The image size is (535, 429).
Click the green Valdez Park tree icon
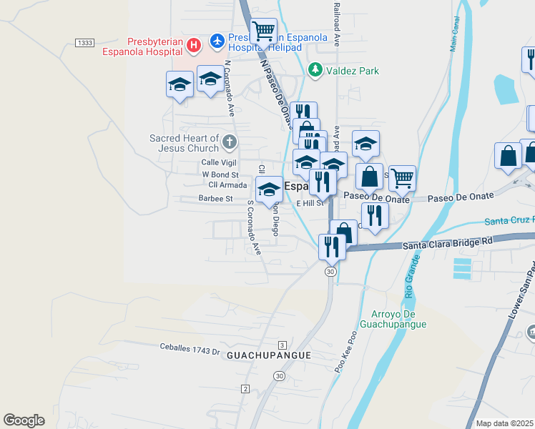point(314,70)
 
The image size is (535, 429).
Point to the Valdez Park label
point(353,71)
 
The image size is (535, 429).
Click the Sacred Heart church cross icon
point(229,141)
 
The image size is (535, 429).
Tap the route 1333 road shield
point(84,43)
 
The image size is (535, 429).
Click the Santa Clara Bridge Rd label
point(448,244)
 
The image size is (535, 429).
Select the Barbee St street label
point(216,198)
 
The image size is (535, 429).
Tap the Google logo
point(24,420)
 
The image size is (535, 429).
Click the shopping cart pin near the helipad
point(264,31)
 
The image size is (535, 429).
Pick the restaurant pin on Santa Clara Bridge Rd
point(332,247)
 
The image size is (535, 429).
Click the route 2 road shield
point(245,388)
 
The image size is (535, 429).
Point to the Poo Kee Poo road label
point(345,354)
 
